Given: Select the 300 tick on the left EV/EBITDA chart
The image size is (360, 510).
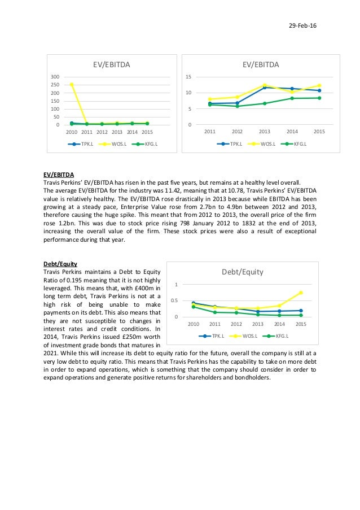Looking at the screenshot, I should (55, 76).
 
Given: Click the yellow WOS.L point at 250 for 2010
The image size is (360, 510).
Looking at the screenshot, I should (72, 85).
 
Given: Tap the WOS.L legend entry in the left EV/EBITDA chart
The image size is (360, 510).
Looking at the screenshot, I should (116, 144).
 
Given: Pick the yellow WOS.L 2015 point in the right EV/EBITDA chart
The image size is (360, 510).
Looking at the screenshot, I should (319, 86).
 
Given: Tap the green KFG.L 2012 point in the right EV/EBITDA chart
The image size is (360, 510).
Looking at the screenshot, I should (237, 106).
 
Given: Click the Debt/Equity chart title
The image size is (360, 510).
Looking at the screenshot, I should (242, 272).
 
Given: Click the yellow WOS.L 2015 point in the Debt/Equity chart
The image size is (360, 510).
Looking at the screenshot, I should (301, 293).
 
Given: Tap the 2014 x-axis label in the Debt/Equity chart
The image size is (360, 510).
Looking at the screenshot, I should (279, 324).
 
